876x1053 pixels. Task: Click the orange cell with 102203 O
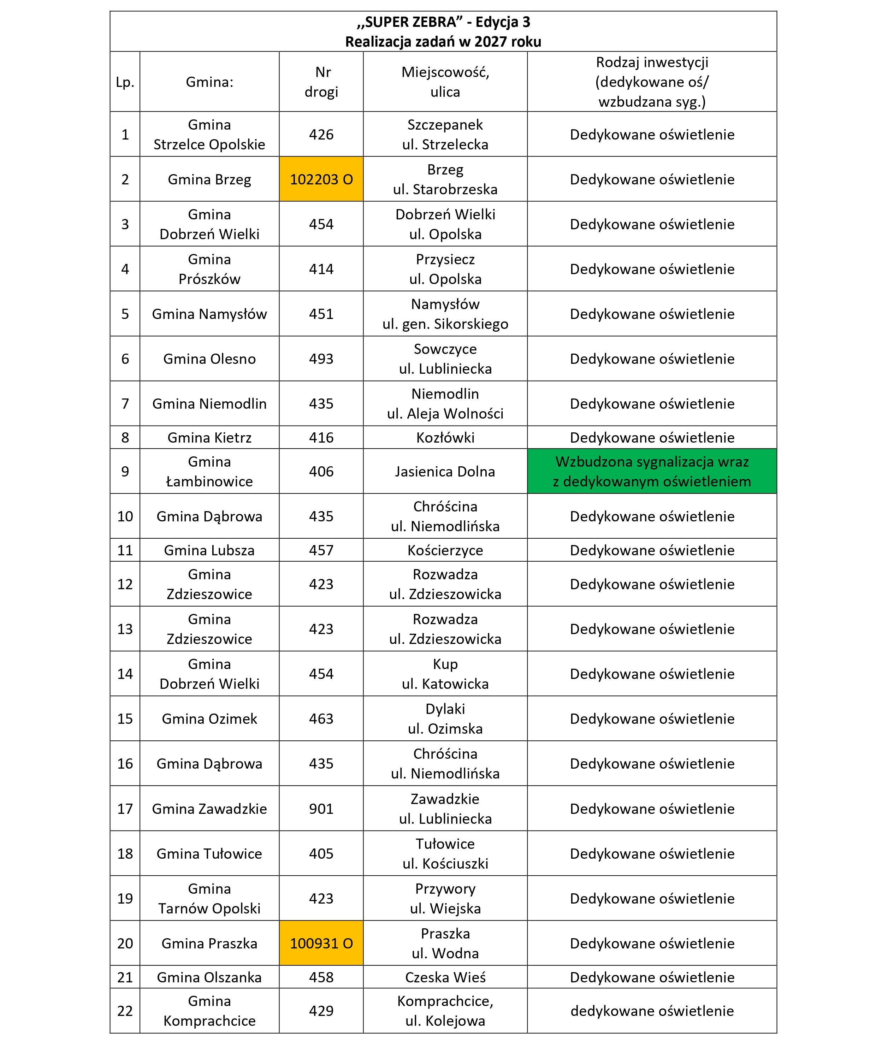click(321, 179)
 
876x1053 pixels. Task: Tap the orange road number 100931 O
click(321, 943)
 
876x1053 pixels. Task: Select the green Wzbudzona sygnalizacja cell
click(651, 471)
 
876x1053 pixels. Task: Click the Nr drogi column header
click(321, 82)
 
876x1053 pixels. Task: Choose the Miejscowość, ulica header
click(445, 82)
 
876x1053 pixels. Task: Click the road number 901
click(321, 809)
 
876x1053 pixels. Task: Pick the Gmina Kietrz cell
click(209, 438)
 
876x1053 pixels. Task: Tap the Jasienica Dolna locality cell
click(445, 471)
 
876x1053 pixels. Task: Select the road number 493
click(321, 359)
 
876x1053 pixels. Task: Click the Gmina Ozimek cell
click(209, 719)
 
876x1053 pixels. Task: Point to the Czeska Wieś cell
click(445, 977)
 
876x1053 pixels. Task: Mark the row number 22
click(125, 1011)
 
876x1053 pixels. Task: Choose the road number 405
click(321, 853)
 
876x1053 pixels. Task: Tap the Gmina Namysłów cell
click(209, 314)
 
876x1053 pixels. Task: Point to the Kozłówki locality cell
click(445, 438)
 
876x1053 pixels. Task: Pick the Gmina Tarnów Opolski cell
click(209, 899)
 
